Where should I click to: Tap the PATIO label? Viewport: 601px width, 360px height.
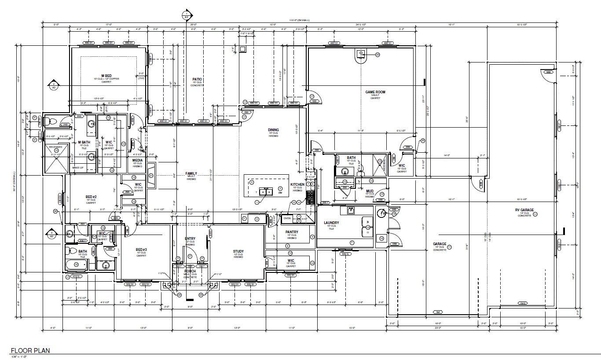(197, 79)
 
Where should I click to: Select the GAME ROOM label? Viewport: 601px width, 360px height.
(375, 92)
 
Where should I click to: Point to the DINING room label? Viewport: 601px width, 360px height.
(273, 130)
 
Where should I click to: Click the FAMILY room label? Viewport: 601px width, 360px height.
(191, 173)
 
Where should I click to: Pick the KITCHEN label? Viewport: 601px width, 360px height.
(297, 184)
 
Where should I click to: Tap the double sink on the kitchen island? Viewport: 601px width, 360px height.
(266, 191)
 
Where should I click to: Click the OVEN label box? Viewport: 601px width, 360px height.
(287, 218)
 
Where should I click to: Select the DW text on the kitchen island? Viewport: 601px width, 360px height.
(280, 192)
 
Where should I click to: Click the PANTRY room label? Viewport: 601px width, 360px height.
(292, 232)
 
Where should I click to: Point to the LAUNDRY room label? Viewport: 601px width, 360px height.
(331, 223)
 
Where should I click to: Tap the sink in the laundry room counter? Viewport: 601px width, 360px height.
(351, 210)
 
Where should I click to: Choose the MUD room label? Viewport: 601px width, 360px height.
(370, 191)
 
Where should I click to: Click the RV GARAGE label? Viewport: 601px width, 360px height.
(524, 210)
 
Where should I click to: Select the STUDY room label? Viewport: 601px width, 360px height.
(238, 251)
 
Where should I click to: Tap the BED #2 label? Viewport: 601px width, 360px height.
(91, 197)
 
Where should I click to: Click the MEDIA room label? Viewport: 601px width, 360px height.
(137, 160)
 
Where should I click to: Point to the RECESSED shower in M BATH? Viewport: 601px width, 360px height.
(56, 156)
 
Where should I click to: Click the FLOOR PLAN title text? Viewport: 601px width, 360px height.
(30, 351)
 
